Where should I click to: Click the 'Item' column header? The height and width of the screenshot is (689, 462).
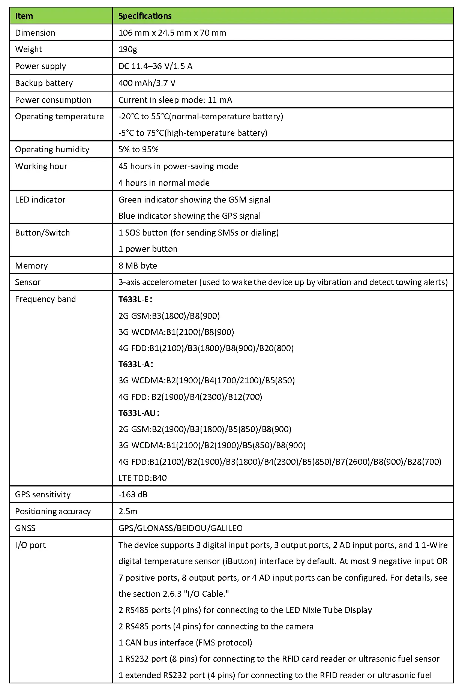(x=24, y=16)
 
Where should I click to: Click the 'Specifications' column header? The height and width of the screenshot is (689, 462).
(x=145, y=16)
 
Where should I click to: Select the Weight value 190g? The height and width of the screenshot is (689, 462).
(x=128, y=49)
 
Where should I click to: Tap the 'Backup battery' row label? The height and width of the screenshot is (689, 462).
(x=44, y=83)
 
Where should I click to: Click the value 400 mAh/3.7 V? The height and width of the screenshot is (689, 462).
(x=147, y=83)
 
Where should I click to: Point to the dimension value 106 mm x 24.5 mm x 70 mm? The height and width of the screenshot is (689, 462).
(x=172, y=33)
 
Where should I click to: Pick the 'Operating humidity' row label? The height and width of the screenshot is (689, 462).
(x=52, y=149)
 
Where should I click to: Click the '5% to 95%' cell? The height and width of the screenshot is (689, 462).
(x=138, y=149)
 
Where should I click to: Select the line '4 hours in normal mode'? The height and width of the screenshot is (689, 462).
(x=164, y=183)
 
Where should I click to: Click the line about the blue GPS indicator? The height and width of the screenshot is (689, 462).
(x=189, y=216)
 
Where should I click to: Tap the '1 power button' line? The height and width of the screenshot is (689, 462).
(x=148, y=249)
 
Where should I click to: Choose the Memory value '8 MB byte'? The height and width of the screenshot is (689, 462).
(x=138, y=266)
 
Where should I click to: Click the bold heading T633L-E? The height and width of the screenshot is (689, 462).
(x=135, y=299)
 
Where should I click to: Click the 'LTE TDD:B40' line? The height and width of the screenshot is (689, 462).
(x=142, y=478)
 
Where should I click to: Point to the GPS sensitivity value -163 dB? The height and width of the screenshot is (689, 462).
(x=133, y=494)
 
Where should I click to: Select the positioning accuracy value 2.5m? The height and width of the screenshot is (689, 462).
(x=128, y=511)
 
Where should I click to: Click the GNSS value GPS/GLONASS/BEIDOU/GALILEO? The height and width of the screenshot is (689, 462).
(x=180, y=528)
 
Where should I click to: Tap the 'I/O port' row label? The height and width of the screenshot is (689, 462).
(x=30, y=545)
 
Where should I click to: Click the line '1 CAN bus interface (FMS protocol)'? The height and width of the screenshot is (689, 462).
(x=185, y=642)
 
